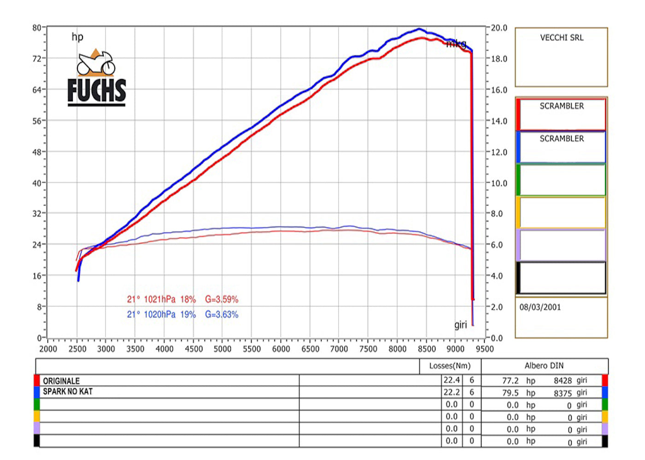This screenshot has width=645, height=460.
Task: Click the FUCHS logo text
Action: pos(96,90)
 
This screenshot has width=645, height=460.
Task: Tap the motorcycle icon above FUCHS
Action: pos(96,63)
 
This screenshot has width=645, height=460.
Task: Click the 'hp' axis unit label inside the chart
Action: pos(77,37)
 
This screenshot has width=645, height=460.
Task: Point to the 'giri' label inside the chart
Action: pos(460,325)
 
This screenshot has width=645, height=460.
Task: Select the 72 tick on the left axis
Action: pos(37,58)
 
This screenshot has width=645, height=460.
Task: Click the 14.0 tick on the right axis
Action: pos(498,121)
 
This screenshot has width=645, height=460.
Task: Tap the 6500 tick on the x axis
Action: pos(310,349)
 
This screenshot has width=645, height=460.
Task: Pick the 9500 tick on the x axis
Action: pos(485,349)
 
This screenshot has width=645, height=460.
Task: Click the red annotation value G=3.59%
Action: pos(222,299)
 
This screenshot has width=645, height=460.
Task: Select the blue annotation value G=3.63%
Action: pos(222,315)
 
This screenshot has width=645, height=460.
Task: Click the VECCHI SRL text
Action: pos(562,38)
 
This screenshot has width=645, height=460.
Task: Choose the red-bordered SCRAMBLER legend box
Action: pos(561,114)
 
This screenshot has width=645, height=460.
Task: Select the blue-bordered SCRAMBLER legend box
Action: pos(561,147)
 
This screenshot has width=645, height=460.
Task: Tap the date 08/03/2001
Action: pos(540,307)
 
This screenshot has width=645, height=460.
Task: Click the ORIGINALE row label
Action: pos(61,381)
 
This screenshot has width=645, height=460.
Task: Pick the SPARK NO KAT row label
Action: pos(68,391)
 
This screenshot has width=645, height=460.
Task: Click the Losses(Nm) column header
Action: pos(450,366)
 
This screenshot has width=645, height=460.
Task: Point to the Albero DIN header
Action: pos(544,366)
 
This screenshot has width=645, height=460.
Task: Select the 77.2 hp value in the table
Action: pos(510,381)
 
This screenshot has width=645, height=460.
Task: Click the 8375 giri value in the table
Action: pos(563,393)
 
